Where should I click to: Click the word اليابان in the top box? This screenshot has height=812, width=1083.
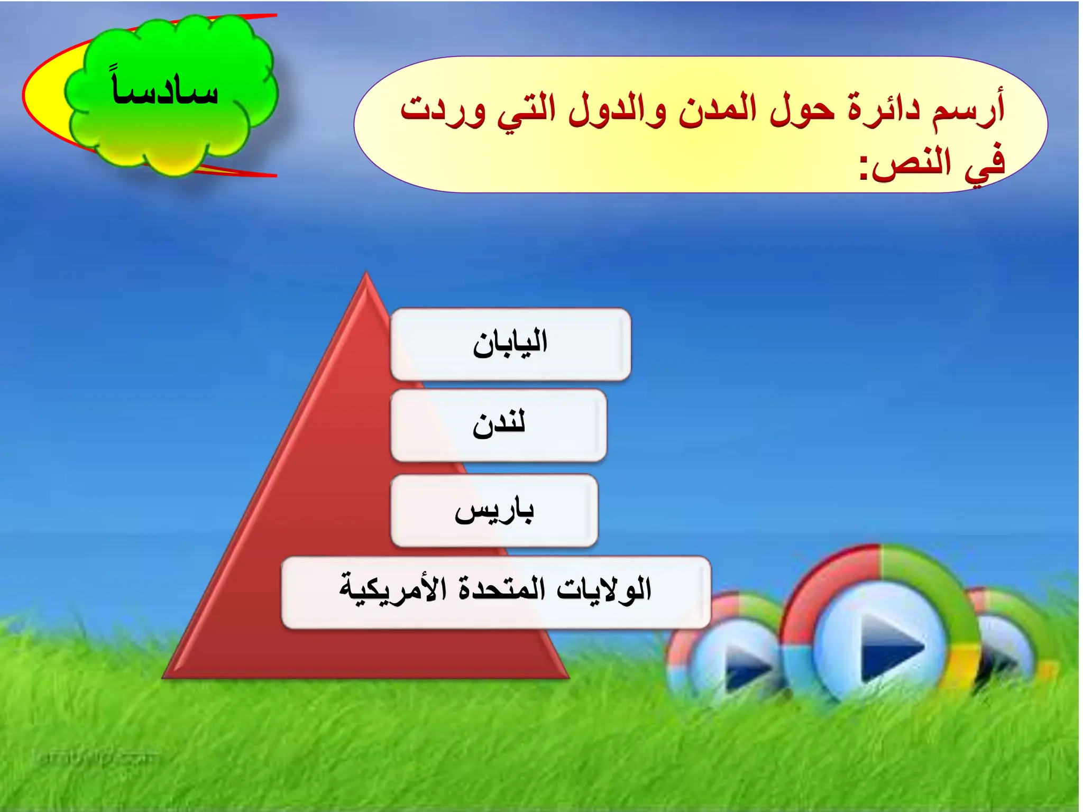tap(510, 344)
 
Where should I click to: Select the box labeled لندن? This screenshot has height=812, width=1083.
tap(499, 425)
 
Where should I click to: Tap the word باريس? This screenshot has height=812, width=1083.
tap(494, 511)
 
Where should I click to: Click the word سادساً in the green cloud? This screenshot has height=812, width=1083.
tap(165, 90)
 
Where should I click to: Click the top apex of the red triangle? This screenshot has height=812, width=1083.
tap(366, 275)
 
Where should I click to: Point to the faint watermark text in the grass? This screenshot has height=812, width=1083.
tap(95, 759)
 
